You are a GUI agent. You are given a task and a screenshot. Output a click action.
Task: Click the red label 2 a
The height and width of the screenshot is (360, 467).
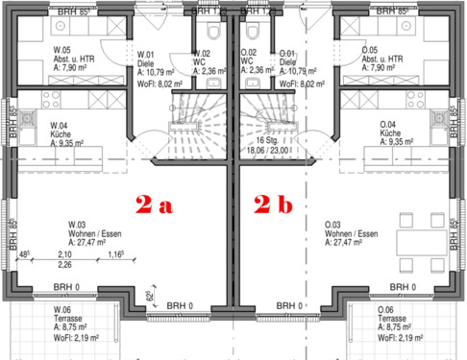tap(155, 204)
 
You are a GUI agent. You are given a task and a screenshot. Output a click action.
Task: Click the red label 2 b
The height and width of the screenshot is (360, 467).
tap(275, 204)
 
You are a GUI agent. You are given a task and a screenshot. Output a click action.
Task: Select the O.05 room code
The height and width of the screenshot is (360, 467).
tap(369, 49)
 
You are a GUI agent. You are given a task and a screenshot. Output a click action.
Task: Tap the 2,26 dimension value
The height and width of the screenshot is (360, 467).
tap(65, 265)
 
